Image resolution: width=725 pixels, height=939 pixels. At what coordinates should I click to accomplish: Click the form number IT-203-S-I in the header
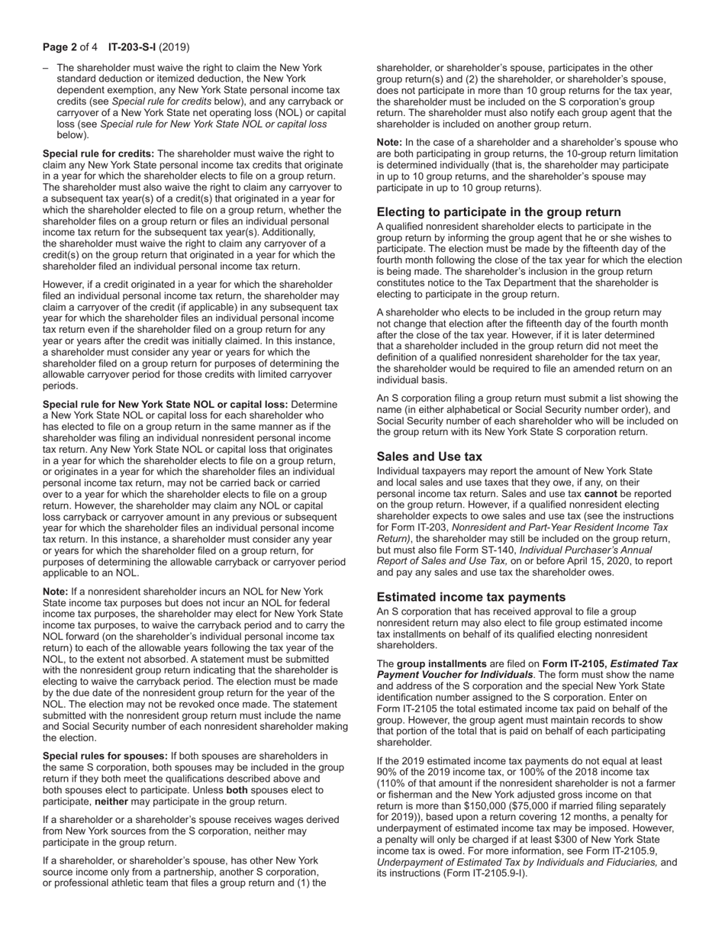point(134,47)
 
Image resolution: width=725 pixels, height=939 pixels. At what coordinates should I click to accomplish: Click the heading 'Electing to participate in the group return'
point(498,212)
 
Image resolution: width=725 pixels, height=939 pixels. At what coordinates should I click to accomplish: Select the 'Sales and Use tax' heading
point(429,457)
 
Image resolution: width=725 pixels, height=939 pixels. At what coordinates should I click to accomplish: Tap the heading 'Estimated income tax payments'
point(471,597)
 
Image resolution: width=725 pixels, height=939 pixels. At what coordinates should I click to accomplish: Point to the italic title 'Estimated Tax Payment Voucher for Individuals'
point(527,670)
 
